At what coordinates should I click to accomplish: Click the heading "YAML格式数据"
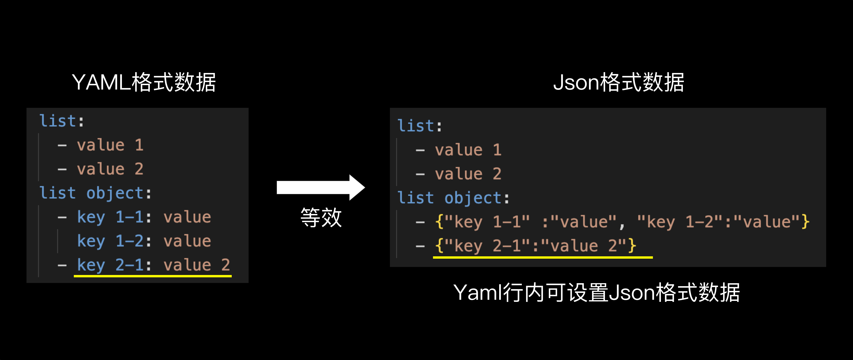144,82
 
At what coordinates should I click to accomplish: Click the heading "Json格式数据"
619,82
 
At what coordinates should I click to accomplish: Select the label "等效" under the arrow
321,218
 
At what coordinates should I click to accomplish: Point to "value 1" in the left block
110,145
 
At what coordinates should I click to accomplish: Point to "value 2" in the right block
468,174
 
